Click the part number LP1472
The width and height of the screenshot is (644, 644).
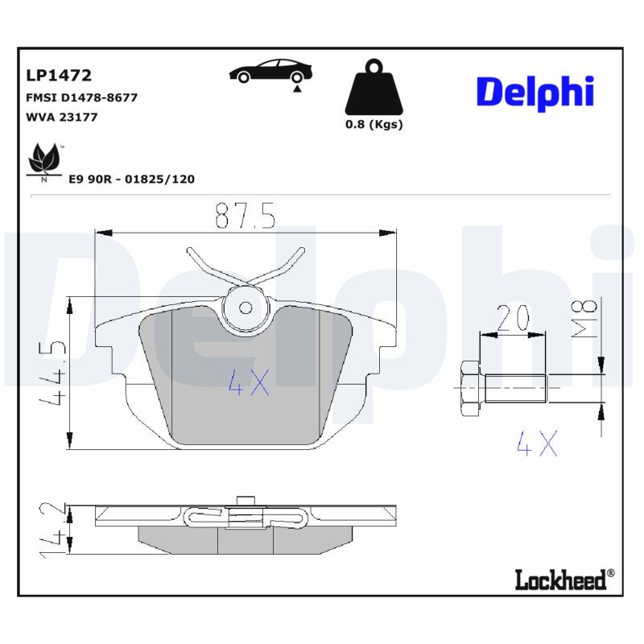(59, 76)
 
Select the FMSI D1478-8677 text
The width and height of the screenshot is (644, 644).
(82, 97)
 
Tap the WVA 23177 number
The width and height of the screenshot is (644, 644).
(62, 117)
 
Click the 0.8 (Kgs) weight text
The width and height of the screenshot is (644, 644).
(374, 125)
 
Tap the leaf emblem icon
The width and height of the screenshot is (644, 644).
(43, 160)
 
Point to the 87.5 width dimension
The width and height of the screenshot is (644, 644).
(246, 216)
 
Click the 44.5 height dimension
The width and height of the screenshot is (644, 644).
(54, 374)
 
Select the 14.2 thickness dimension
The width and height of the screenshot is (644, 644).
(54, 529)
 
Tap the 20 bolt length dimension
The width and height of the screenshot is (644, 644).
(512, 320)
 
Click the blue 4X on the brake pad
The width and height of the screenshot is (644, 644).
(249, 383)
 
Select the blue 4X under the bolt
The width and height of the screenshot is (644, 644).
(536, 443)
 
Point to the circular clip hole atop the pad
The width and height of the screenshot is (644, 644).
(247, 307)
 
